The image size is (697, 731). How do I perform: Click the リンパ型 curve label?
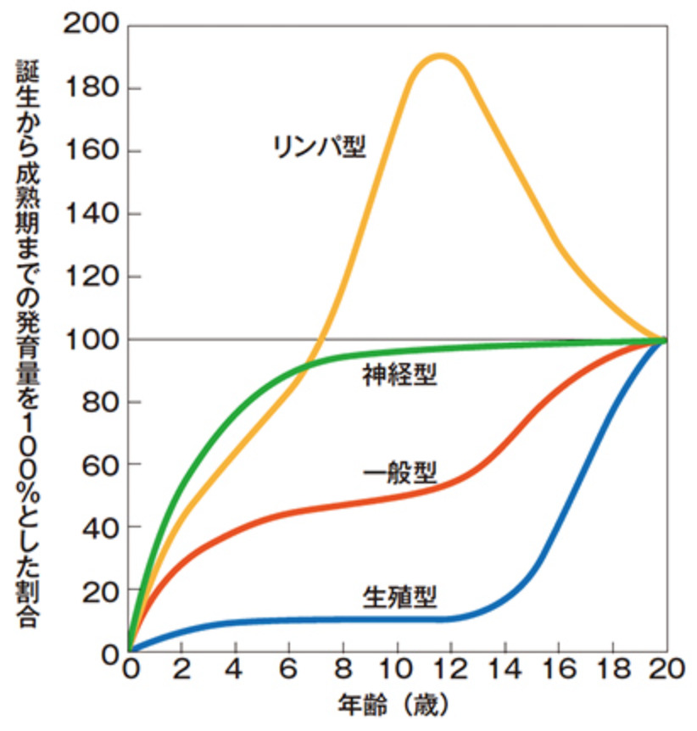(319, 146)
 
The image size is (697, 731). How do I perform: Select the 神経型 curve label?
(399, 374)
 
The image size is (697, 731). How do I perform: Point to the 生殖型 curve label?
(399, 599)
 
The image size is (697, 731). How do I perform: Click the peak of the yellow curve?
(439, 56)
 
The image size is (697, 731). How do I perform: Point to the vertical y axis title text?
(27, 339)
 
